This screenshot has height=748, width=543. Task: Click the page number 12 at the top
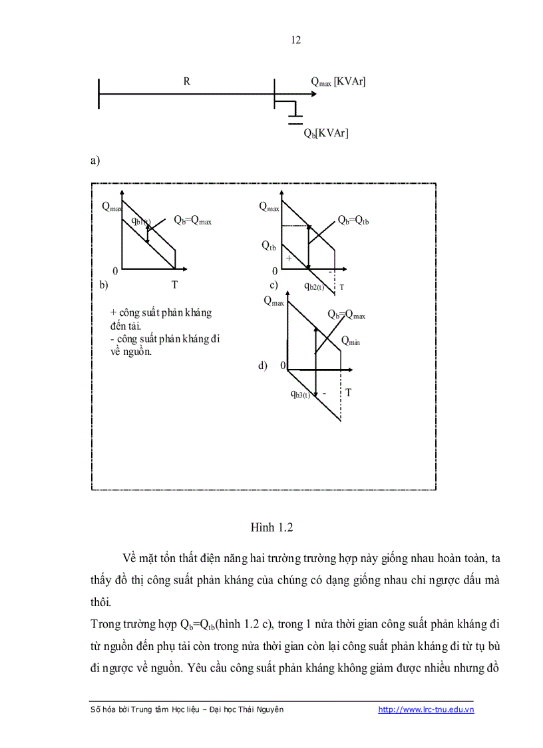(x=296, y=40)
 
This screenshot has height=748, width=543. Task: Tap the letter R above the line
(x=187, y=81)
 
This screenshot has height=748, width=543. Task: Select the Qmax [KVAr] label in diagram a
(x=339, y=81)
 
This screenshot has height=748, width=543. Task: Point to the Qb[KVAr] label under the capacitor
(x=325, y=133)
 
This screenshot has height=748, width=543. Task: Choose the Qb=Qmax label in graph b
(x=192, y=220)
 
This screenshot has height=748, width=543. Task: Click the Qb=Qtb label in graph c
(x=353, y=220)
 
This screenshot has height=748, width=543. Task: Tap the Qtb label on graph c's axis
(x=269, y=246)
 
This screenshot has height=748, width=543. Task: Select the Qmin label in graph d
(x=351, y=341)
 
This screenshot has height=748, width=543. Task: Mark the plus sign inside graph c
(x=289, y=257)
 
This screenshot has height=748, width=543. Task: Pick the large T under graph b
(x=174, y=284)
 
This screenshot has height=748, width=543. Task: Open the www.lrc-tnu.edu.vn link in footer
(x=426, y=710)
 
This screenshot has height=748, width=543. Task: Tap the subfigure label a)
(x=94, y=161)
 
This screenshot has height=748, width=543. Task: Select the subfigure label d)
(x=263, y=365)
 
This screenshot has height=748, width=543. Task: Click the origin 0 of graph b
(x=115, y=270)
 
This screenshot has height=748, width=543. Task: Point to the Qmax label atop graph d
(x=273, y=301)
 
